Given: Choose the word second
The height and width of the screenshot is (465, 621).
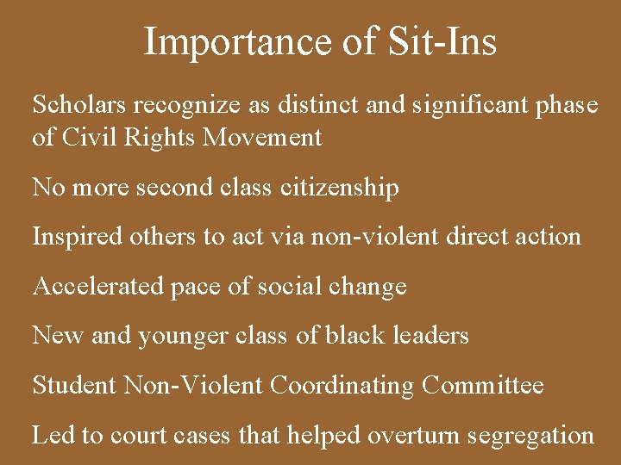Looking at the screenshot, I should (x=175, y=187).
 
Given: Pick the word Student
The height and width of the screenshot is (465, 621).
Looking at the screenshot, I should (x=74, y=385).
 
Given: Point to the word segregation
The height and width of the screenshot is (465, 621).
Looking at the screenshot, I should (x=532, y=436).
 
